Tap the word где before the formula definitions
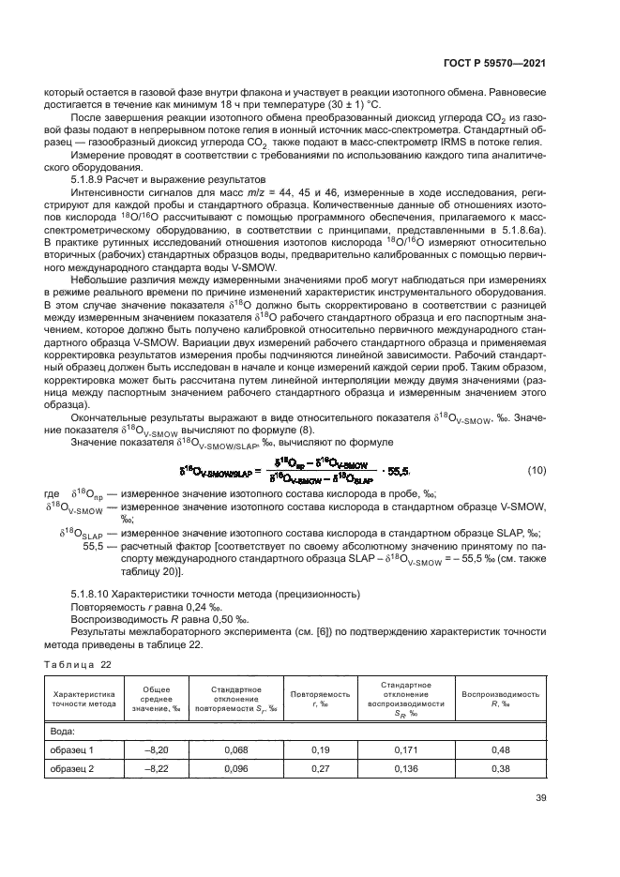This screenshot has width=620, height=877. tap(53, 493)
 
